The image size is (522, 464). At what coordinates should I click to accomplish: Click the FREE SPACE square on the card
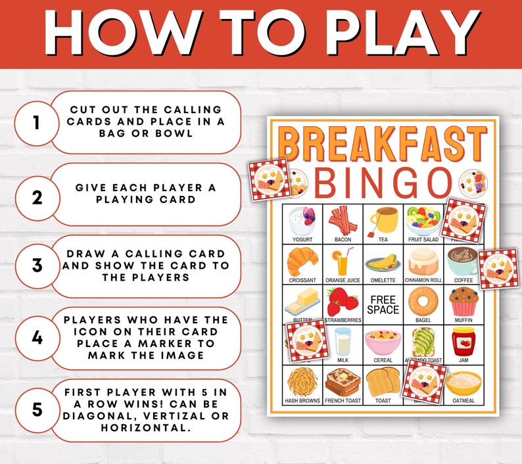tap(383, 304)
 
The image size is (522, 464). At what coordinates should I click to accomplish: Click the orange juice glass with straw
tap(343, 262)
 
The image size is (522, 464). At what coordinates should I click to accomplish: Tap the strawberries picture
tap(343, 301)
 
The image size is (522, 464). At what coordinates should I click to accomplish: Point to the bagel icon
tap(422, 301)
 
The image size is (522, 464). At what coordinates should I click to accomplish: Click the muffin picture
tap(462, 301)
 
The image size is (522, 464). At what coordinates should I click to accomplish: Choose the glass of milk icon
tap(343, 341)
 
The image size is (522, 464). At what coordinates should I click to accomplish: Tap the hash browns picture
tap(302, 381)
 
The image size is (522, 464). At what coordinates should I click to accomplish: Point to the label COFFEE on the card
tap(462, 280)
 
